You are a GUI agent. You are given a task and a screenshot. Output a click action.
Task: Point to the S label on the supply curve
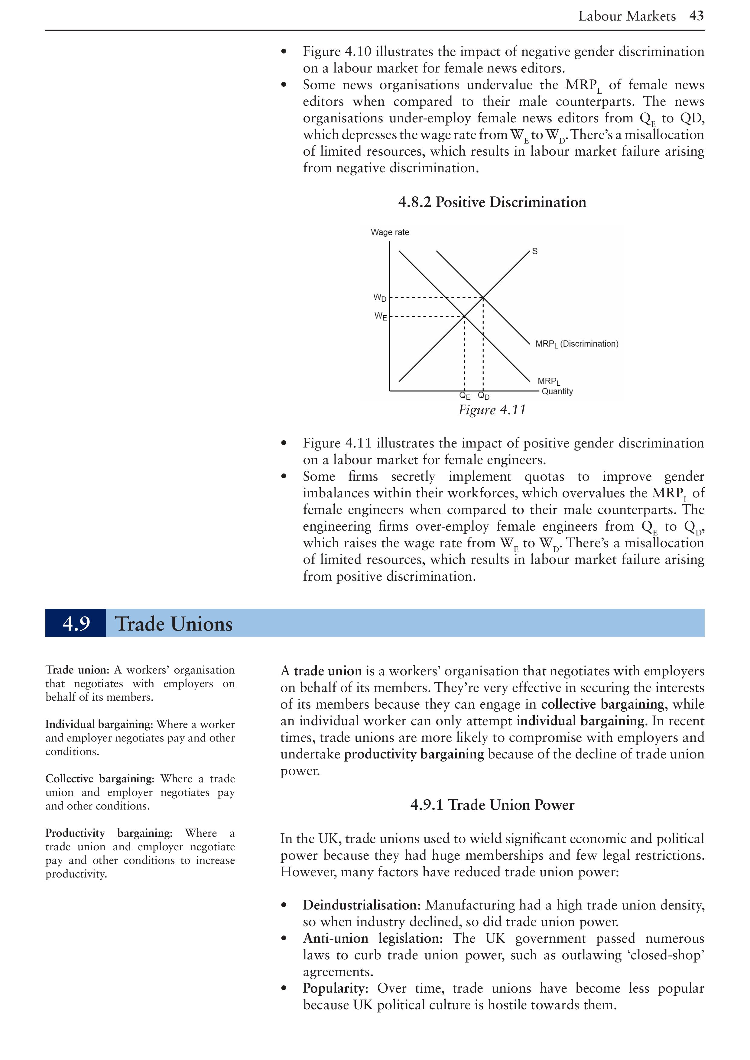point(535,251)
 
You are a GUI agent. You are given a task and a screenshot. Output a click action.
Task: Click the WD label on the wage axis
point(380,298)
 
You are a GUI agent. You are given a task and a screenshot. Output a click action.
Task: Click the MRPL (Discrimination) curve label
point(576,344)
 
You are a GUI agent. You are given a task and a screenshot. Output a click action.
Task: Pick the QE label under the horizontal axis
point(465,396)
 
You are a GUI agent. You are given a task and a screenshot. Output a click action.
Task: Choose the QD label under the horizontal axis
point(484,396)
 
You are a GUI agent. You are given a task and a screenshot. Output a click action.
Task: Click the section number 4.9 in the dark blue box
point(76,623)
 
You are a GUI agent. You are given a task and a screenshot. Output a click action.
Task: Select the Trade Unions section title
point(174,624)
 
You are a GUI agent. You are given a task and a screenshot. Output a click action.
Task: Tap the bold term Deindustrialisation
point(362,905)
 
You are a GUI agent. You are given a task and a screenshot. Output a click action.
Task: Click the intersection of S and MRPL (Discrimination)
point(482,298)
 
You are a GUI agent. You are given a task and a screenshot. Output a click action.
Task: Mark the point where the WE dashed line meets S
point(464,316)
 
